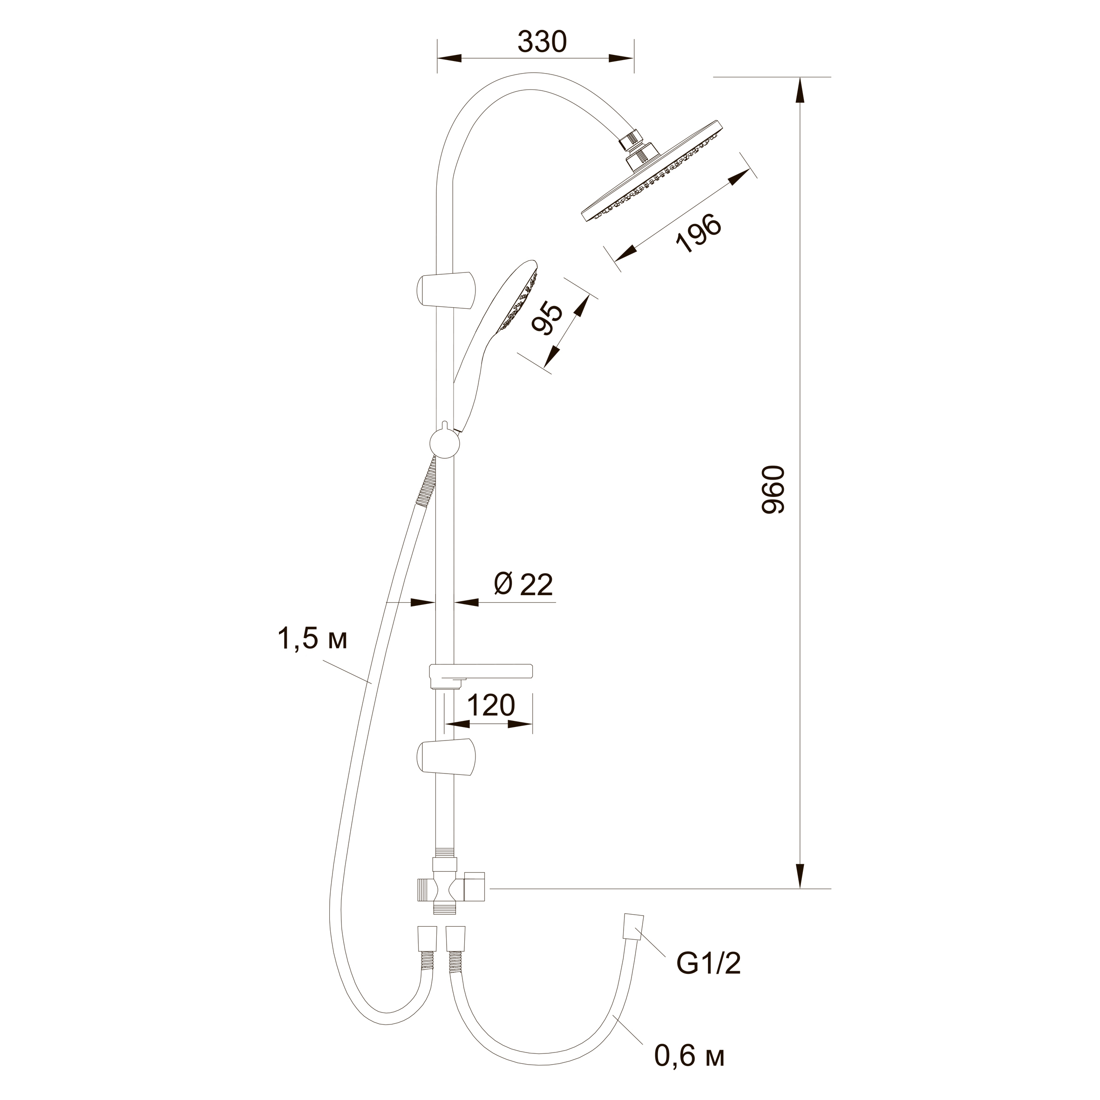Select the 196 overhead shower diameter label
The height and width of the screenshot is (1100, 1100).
699,233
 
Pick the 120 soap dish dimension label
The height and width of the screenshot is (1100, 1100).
491,706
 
